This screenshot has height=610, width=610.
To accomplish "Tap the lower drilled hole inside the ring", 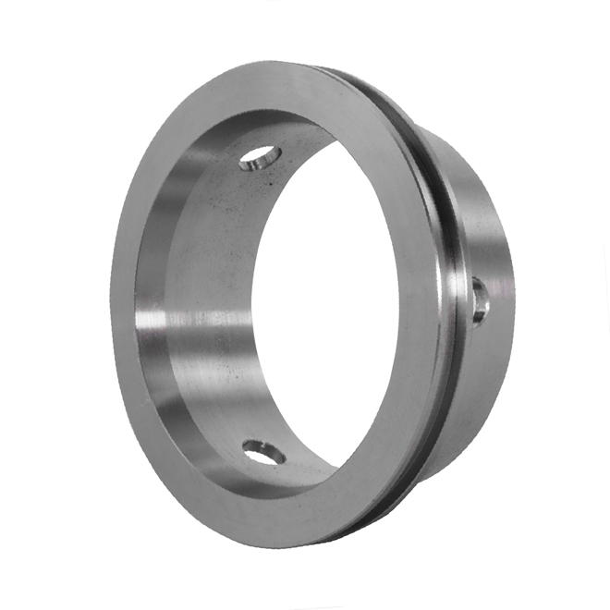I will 264,452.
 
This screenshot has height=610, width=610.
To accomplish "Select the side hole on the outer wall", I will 479,300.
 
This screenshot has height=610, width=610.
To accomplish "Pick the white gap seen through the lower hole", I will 268,455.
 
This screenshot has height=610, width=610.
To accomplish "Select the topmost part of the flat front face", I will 277,79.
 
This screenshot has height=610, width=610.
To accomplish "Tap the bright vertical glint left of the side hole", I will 457,300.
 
